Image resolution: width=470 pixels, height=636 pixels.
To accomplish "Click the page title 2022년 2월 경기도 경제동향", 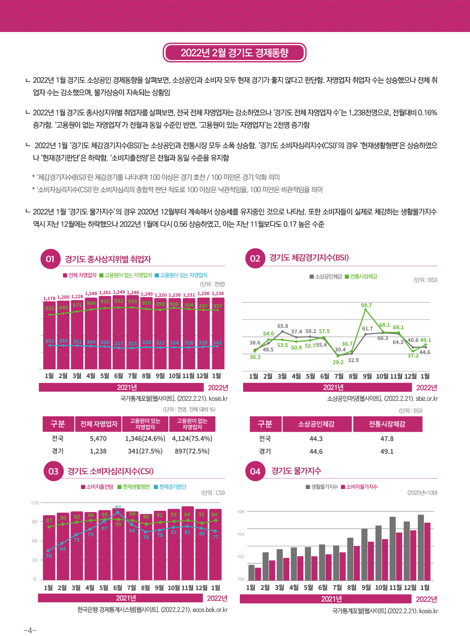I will [234, 53].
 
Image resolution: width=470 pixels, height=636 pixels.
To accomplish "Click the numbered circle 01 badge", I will [50, 259].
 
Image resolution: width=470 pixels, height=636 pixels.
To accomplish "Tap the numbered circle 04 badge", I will [255, 471].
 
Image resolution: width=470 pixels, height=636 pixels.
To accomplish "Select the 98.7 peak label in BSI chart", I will [366, 306].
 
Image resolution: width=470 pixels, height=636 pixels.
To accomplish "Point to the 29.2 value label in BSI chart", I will [338, 362].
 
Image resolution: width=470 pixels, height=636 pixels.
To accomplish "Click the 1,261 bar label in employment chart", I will [105, 293].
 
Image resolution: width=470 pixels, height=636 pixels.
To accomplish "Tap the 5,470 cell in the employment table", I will [98, 439].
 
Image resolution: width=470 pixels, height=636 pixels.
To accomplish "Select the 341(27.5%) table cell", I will [145, 451].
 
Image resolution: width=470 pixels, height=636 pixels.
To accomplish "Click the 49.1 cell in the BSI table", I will [387, 451].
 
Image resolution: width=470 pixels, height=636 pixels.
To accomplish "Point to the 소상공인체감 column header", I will [316, 424].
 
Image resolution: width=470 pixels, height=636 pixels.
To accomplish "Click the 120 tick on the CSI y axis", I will [35, 503].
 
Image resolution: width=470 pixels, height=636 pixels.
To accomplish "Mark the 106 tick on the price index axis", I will [241, 512].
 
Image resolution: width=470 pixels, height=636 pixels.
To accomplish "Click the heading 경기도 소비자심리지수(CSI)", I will [110, 471].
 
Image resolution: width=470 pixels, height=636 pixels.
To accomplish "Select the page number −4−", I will [30, 630].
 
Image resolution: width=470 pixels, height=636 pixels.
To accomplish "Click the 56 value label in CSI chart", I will [49, 556].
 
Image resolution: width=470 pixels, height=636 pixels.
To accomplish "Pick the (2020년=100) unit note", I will [422, 493].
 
